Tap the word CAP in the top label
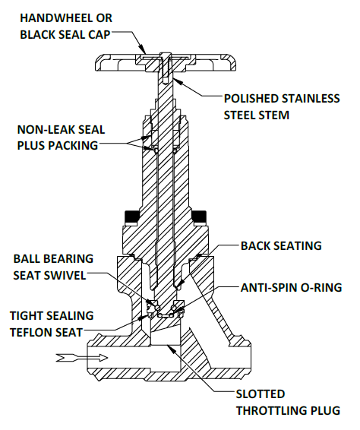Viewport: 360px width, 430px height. (x=99, y=35)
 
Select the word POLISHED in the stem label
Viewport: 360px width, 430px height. (x=251, y=99)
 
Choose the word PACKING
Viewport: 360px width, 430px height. (x=73, y=145)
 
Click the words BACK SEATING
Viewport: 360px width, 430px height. (x=281, y=245)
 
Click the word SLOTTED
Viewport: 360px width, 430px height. (x=261, y=394)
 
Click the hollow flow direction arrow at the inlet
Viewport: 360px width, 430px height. (x=82, y=358)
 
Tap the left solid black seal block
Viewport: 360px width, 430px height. (x=131, y=217)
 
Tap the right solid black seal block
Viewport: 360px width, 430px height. (x=199, y=217)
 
